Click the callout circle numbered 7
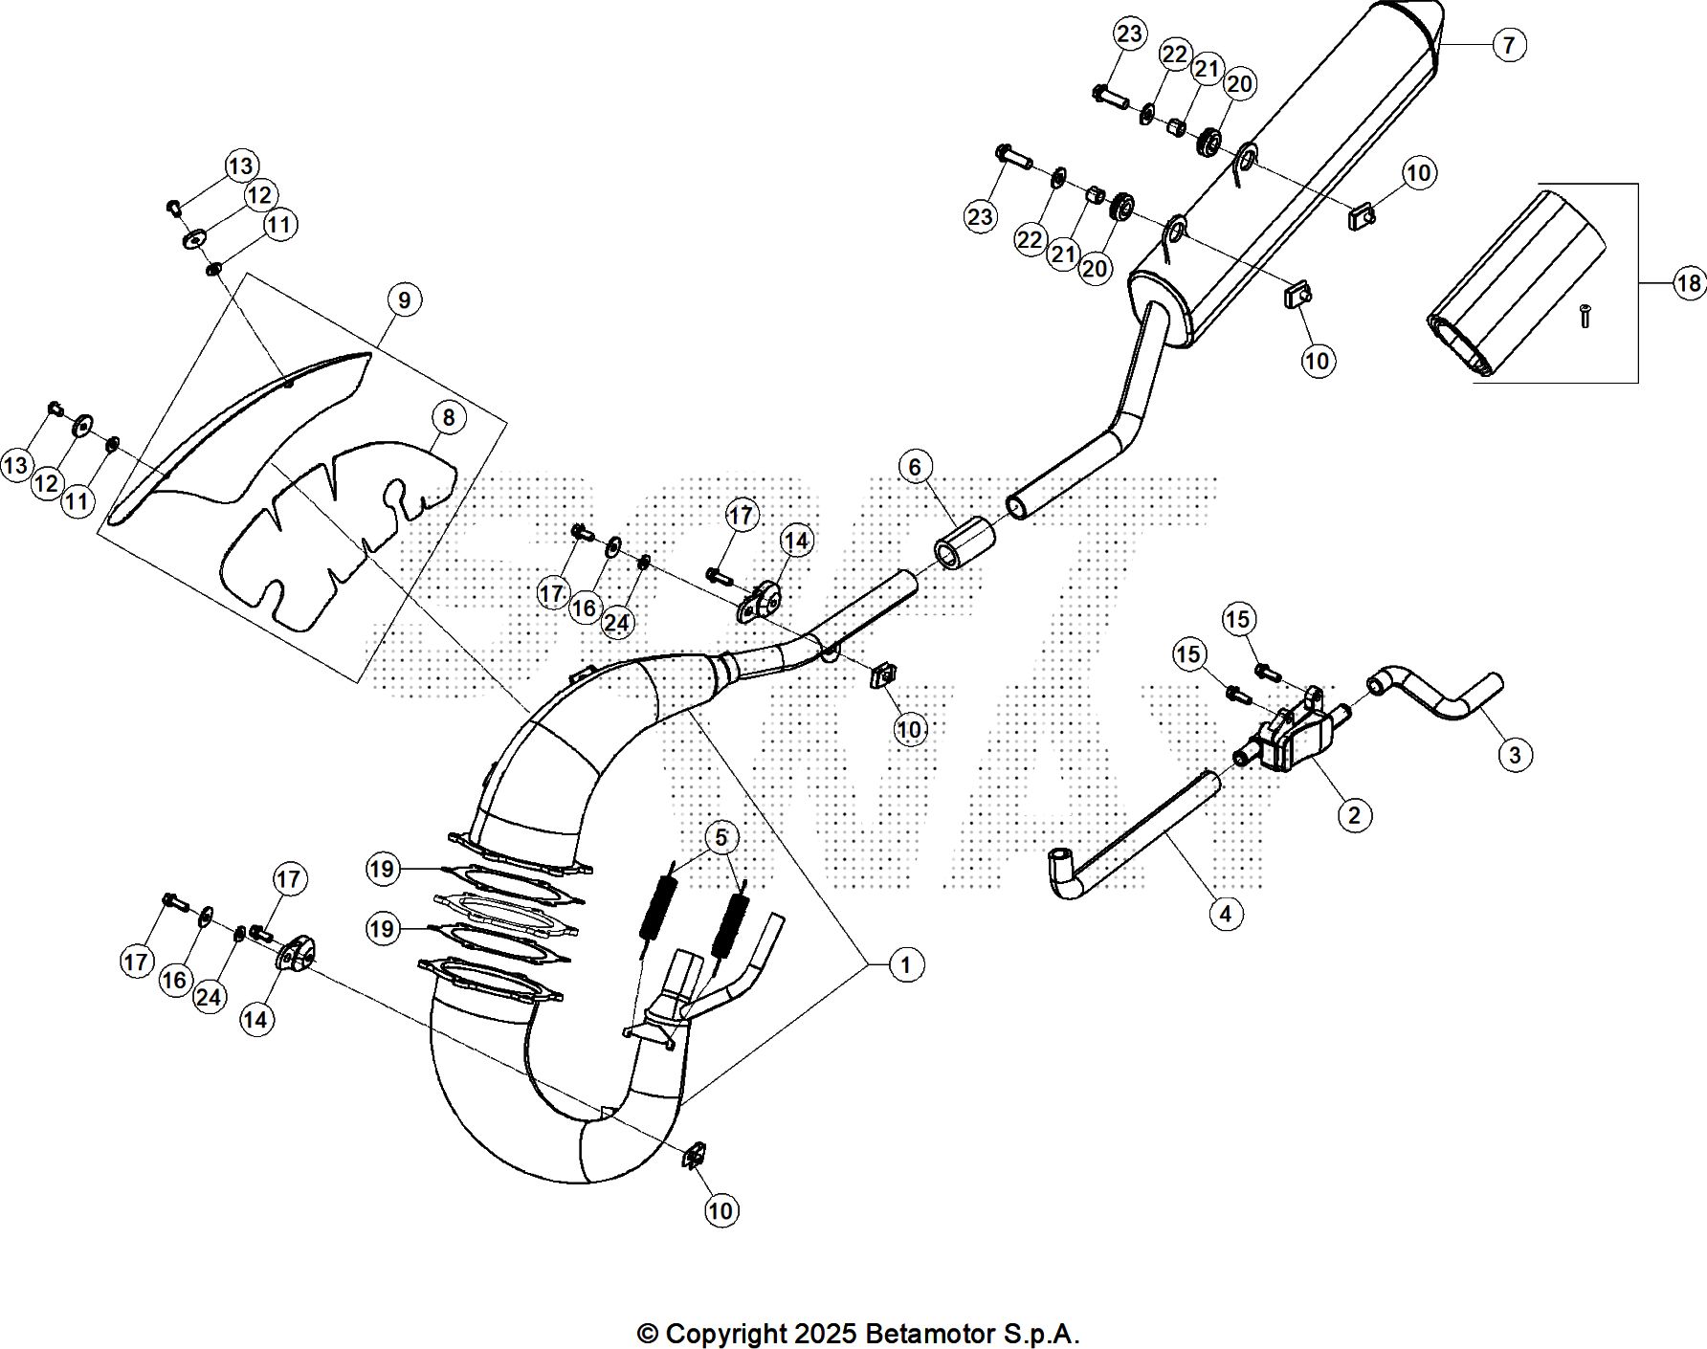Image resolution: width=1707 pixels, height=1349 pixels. pyautogui.click(x=1509, y=45)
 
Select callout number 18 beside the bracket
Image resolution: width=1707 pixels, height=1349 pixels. pyautogui.click(x=1689, y=283)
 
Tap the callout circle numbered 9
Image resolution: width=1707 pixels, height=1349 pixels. pyautogui.click(x=405, y=300)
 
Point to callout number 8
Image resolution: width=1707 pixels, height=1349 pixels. pyautogui.click(x=448, y=418)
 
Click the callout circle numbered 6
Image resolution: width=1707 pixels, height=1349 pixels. pyautogui.click(x=915, y=467)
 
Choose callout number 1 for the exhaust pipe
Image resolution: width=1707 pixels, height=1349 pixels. pyautogui.click(x=905, y=965)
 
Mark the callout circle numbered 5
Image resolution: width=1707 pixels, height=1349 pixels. pyautogui.click(x=720, y=838)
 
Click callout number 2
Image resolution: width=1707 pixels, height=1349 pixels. pyautogui.click(x=1353, y=815)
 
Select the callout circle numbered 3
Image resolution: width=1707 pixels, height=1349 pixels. pyautogui.click(x=1514, y=755)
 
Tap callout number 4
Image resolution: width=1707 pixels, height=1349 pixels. pyautogui.click(x=1226, y=914)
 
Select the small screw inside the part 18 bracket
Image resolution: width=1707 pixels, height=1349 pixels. pyautogui.click(x=1585, y=315)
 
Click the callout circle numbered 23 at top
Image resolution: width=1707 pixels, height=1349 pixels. pyautogui.click(x=1129, y=34)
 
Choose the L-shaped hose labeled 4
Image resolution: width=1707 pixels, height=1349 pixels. pyautogui.click(x=1129, y=841)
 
